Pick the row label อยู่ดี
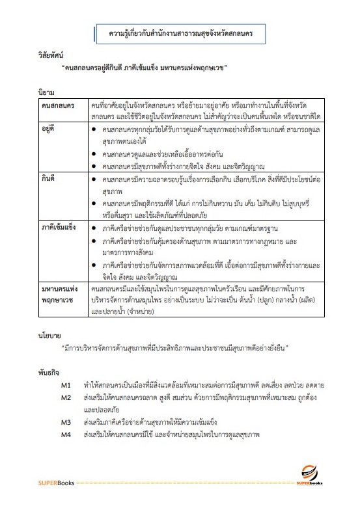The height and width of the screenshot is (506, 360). (49, 130)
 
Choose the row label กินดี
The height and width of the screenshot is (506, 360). (49, 176)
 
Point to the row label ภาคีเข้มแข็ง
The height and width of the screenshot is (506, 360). (59, 228)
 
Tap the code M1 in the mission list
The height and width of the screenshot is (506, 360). (66, 385)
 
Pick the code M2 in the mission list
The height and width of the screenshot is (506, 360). (66, 397)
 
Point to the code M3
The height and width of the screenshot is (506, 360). (66, 421)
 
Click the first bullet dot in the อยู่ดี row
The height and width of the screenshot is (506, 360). (96, 130)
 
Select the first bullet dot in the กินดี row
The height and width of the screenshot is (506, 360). (96, 176)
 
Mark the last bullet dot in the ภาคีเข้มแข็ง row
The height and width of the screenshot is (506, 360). (96, 265)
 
